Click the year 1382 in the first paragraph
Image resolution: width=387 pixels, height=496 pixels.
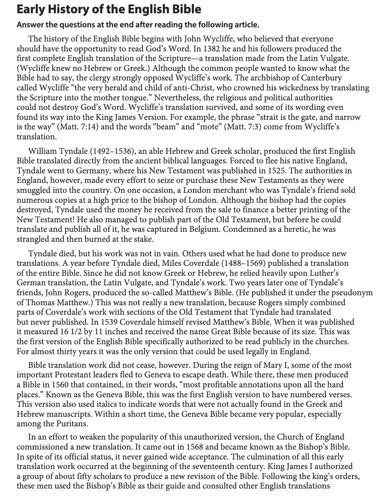pyautogui.click(x=230, y=49)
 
